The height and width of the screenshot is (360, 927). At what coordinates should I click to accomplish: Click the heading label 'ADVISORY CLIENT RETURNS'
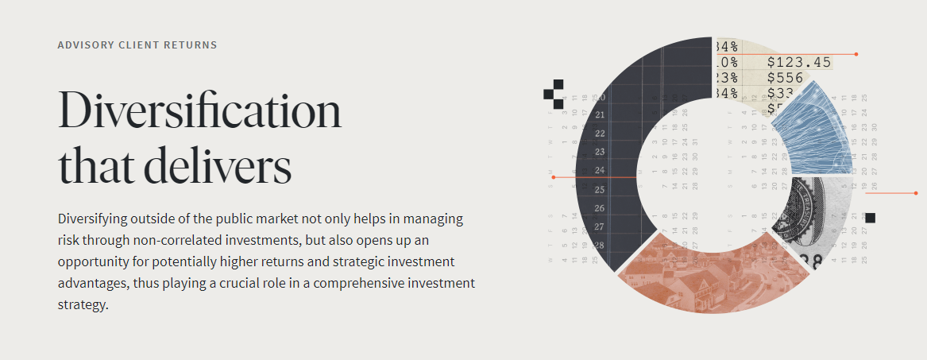pos(137,45)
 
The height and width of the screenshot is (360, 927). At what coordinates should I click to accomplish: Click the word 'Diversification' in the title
pos(199,111)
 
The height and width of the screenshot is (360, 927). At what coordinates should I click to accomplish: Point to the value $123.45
pos(798,62)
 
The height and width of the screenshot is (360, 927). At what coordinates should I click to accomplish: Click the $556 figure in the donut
pos(786,78)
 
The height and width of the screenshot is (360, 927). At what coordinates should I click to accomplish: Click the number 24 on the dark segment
pos(600,171)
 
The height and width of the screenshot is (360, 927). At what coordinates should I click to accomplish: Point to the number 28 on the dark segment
pos(600,246)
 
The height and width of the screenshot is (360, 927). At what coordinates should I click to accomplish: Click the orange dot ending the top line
pos(856,54)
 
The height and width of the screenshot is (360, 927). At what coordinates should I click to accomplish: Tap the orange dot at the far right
pos(916,193)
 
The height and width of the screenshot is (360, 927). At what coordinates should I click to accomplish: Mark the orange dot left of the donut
pos(553,177)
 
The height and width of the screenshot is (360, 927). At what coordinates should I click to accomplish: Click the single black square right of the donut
pos(870,218)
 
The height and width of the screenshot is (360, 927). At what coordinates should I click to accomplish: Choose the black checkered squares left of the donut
pos(554,94)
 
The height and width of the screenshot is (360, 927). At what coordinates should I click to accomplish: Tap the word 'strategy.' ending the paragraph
pos(83,304)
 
